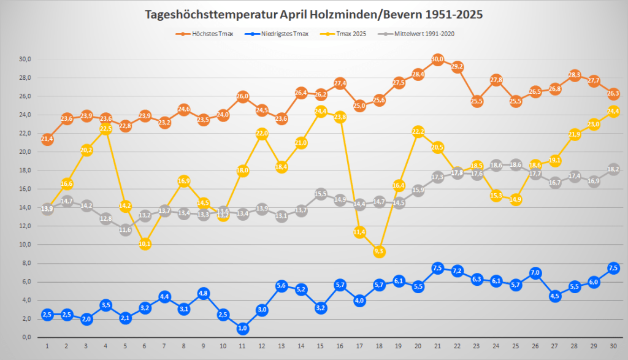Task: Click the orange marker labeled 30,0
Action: pyautogui.click(x=437, y=59)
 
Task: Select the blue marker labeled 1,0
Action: pyautogui.click(x=242, y=328)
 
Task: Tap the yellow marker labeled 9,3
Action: pyautogui.click(x=379, y=251)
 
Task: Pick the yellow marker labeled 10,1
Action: pyautogui.click(x=145, y=244)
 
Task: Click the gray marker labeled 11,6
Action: pyautogui.click(x=126, y=230)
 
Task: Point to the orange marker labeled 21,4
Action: pyautogui.click(x=47, y=139)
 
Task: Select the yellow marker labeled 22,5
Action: pyautogui.click(x=106, y=129)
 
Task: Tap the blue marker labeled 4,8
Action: pyautogui.click(x=204, y=293)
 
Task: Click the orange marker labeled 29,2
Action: pyautogui.click(x=457, y=67)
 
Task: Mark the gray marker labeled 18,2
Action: pyautogui.click(x=613, y=169)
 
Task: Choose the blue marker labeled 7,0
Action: pyautogui.click(x=535, y=273)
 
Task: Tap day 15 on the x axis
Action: pyautogui.click(x=320, y=347)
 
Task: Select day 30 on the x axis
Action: pyautogui.click(x=613, y=347)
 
